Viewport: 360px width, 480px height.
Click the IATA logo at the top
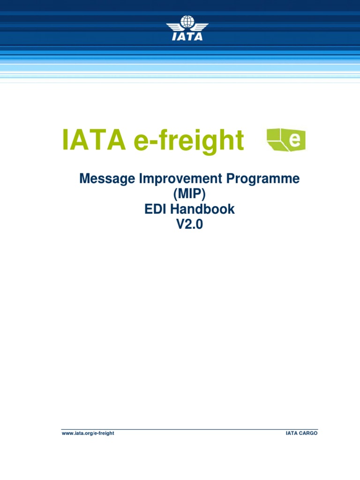187,28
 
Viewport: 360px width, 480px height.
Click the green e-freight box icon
286,140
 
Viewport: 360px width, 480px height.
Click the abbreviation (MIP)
190,194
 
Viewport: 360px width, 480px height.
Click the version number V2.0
190,225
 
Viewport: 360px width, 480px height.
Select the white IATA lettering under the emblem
187,36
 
